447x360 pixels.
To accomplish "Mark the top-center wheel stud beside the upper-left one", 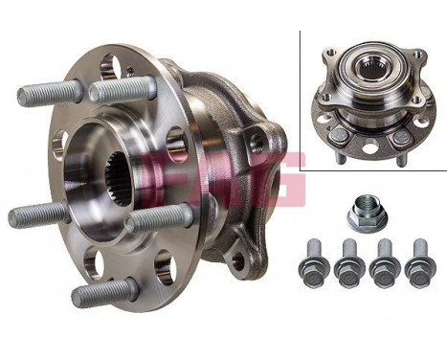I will [x=122, y=89].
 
